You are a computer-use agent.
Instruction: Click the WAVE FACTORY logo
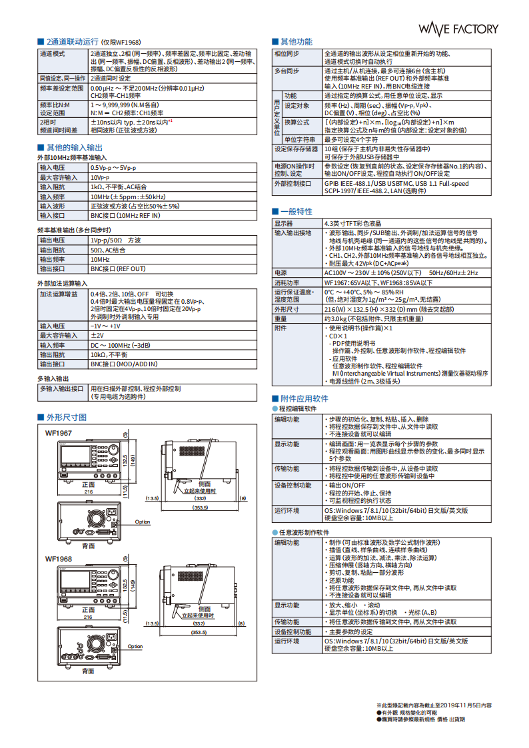pyautogui.click(x=458, y=29)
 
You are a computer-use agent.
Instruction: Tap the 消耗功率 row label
pyautogui.click(x=286, y=282)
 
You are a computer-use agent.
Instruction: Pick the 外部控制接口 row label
pyautogui.click(x=293, y=183)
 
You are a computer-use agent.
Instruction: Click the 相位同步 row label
pyautogui.click(x=286, y=53)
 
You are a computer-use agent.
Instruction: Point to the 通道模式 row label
pyautogui.click(x=52, y=53)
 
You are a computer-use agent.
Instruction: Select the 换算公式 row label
pyautogui.click(x=296, y=123)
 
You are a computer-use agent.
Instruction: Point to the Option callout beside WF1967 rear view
pyautogui.click(x=143, y=522)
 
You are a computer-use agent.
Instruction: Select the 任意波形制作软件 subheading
pyautogui.click(x=304, y=533)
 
